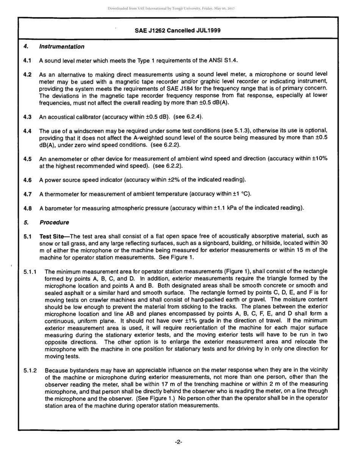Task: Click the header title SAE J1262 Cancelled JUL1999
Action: (x=178, y=30)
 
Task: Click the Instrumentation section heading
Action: (x=61, y=47)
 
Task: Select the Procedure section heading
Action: (x=54, y=222)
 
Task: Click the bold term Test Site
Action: (x=53, y=236)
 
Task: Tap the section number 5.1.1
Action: (x=30, y=272)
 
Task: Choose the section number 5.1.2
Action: (x=30, y=370)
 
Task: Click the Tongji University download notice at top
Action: (x=171, y=8)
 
